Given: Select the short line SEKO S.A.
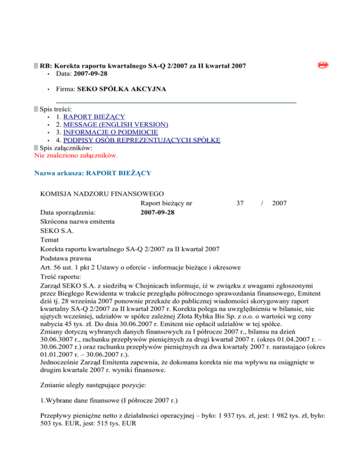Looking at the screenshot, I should click(x=57, y=230).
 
